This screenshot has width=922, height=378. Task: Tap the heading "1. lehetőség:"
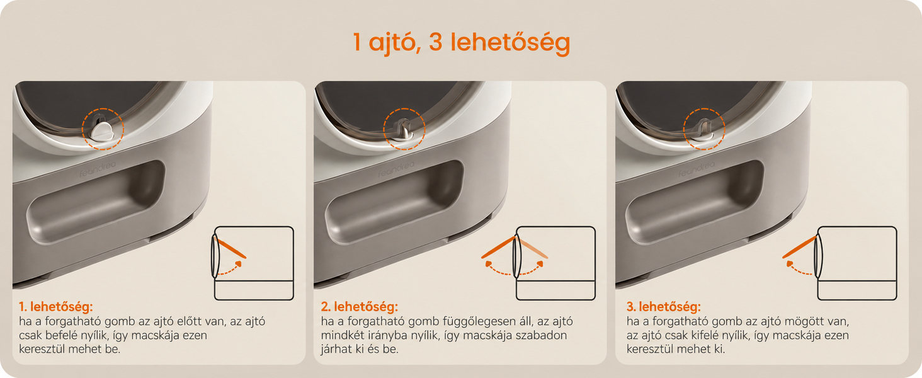click(56, 307)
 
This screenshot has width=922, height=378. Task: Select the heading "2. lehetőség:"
click(360, 307)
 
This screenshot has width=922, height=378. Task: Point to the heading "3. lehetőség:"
click(664, 307)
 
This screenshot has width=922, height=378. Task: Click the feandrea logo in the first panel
click(97, 169)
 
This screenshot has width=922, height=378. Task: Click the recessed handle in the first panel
click(96, 201)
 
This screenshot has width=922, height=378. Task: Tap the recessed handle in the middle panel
click(394, 202)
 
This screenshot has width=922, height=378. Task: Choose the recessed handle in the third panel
click(695, 202)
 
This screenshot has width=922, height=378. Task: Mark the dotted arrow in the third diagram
click(798, 270)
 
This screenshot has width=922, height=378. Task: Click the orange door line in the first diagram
click(230, 248)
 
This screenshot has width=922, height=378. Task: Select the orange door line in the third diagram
click(799, 247)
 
